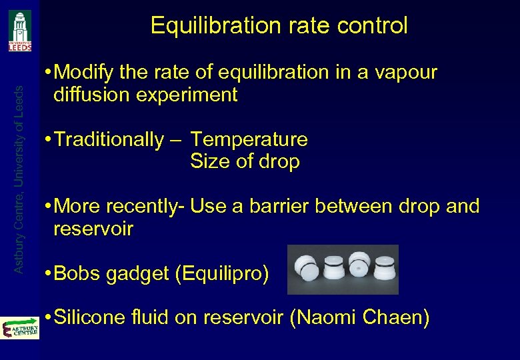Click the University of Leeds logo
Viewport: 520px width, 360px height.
19,30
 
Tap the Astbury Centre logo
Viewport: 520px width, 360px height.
19,328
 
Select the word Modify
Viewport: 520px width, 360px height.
85,73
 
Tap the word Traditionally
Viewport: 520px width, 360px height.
109,140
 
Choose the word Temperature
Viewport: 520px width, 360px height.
249,140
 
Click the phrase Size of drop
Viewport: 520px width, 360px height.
245,162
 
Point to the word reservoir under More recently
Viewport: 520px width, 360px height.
93,229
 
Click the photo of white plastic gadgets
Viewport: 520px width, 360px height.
342,269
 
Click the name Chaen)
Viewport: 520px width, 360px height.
396,318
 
